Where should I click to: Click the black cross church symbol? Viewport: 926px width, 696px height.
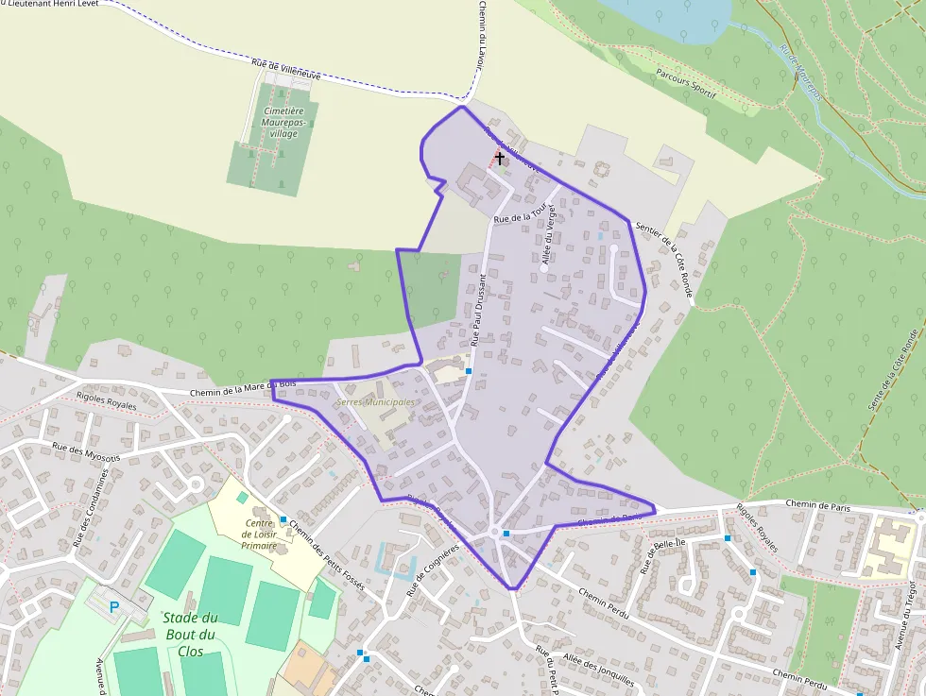499,158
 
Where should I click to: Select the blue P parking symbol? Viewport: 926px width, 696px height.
115,607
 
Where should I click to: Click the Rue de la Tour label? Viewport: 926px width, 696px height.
522,216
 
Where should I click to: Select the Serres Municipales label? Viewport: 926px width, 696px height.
375,402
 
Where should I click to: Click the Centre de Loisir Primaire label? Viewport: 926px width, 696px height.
260,534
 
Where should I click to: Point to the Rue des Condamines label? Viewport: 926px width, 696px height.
91,508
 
